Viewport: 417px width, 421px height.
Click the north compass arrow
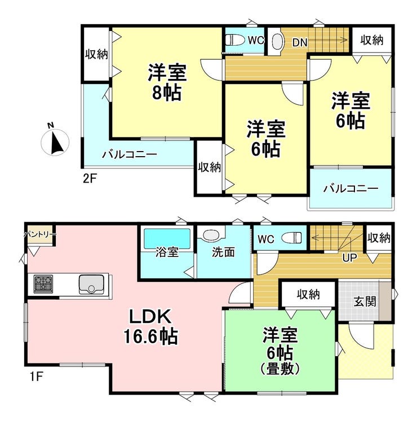[56, 143]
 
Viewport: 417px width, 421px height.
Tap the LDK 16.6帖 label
[150, 327]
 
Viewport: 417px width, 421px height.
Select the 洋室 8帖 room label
[167, 82]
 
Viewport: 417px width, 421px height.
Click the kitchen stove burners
[43, 284]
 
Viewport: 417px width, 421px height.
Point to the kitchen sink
[91, 284]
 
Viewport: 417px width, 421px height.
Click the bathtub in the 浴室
[167, 238]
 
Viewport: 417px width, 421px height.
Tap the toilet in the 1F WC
[291, 238]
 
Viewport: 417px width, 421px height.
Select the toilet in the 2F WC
[235, 40]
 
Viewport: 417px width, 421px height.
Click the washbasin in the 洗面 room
[212, 234]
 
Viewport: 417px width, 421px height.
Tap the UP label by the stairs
[349, 258]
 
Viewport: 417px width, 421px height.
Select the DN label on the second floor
[300, 42]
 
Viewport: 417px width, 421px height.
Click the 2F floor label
[90, 178]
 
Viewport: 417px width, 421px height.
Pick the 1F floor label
[36, 377]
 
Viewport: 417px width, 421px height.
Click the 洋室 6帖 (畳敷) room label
[280, 351]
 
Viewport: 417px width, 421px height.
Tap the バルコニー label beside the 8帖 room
[130, 154]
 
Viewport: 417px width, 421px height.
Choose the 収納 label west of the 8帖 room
[96, 54]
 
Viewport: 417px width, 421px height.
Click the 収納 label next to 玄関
[308, 295]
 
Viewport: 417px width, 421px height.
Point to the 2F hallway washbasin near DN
[277, 42]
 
